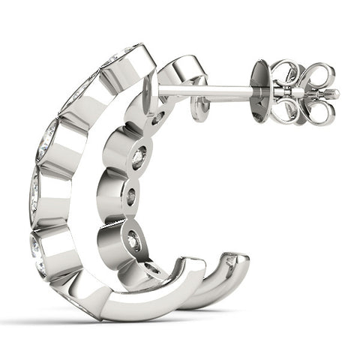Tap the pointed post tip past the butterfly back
(334, 94)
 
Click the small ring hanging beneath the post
(199, 109)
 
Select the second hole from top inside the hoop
(139, 158)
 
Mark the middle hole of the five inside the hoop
(130, 197)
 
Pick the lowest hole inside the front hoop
(152, 268)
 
